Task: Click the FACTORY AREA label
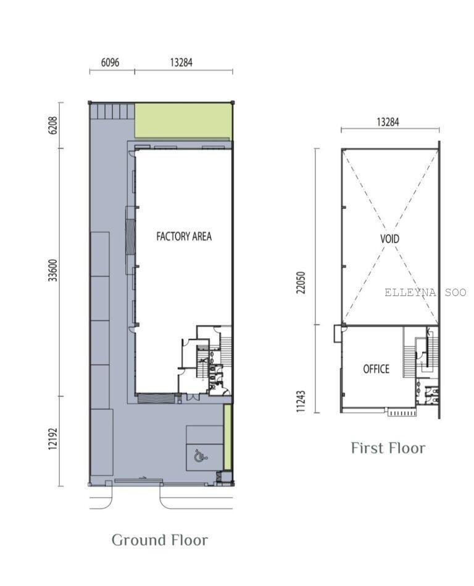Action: pyautogui.click(x=184, y=236)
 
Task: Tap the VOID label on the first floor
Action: pyautogui.click(x=389, y=239)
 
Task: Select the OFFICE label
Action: pyautogui.click(x=376, y=369)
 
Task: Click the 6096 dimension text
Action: pyautogui.click(x=110, y=62)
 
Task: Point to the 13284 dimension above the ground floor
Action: pyautogui.click(x=181, y=62)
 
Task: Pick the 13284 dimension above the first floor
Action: pyautogui.click(x=388, y=122)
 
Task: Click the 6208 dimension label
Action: pyautogui.click(x=53, y=125)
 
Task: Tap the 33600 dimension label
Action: pyautogui.click(x=53, y=270)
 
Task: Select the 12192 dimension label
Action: pyautogui.click(x=53, y=439)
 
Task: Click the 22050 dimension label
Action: pyautogui.click(x=301, y=282)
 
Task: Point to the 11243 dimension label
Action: pyautogui.click(x=301, y=401)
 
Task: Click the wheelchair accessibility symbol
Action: pyautogui.click(x=201, y=456)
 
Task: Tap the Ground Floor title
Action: pyautogui.click(x=160, y=540)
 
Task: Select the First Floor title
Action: pyautogui.click(x=388, y=448)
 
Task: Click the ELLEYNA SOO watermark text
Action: pyautogui.click(x=425, y=292)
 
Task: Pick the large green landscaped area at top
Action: pyautogui.click(x=183, y=121)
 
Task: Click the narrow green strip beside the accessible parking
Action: pyautogui.click(x=228, y=437)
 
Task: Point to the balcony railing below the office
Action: pyautogui.click(x=402, y=413)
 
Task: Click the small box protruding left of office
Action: pyautogui.click(x=338, y=333)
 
